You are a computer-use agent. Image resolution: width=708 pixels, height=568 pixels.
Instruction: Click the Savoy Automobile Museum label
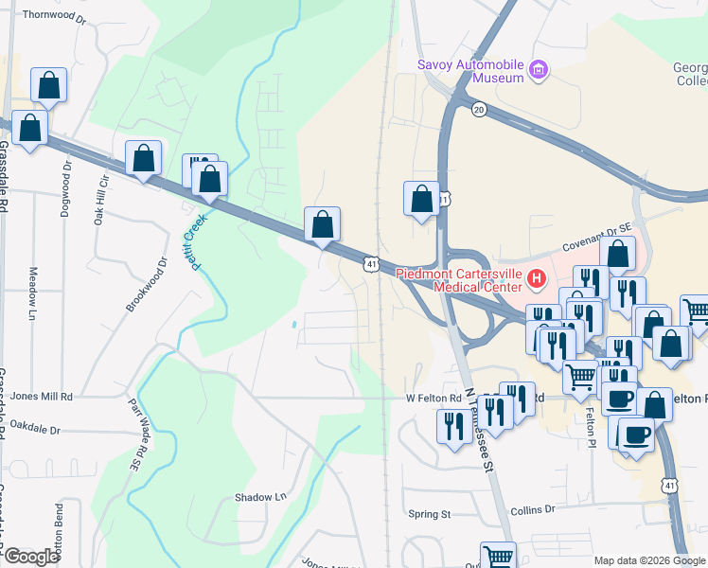pyautogui.click(x=471, y=71)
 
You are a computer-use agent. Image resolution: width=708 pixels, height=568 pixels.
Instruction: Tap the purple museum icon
pyautogui.click(x=540, y=69)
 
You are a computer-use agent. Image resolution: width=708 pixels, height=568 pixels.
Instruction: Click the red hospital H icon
pyautogui.click(x=537, y=279)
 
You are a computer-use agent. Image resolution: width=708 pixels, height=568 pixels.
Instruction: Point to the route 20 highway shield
pyautogui.click(x=479, y=111)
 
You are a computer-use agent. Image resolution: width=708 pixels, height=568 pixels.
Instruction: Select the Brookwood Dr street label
pyautogui.click(x=147, y=285)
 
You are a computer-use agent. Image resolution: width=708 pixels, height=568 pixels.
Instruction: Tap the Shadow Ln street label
pyautogui.click(x=260, y=497)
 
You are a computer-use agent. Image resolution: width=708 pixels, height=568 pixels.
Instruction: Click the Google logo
pyautogui.click(x=31, y=557)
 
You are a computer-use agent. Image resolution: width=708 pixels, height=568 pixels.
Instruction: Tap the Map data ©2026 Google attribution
pyautogui.click(x=648, y=560)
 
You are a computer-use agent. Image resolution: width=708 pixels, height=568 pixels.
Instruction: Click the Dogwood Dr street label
pyautogui.click(x=66, y=186)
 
